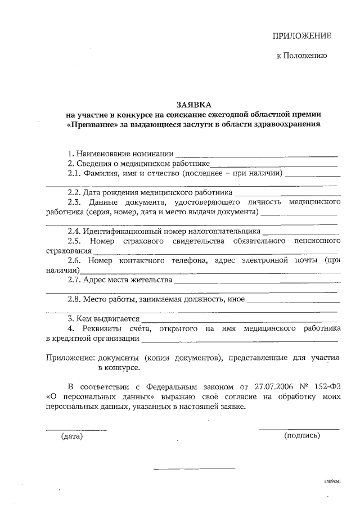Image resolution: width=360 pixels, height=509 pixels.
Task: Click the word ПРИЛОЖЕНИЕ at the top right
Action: (x=302, y=36)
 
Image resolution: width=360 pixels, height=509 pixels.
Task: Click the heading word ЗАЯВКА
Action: (x=194, y=105)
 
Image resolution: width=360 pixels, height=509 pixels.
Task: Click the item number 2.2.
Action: (x=75, y=193)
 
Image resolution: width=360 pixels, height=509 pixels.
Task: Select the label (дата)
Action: (x=71, y=436)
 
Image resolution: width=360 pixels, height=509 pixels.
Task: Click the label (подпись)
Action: (x=302, y=436)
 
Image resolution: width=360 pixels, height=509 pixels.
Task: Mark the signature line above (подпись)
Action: (x=299, y=429)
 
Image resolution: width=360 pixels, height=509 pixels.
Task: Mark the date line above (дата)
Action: (x=76, y=429)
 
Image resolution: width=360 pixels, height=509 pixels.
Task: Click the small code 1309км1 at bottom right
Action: (x=332, y=482)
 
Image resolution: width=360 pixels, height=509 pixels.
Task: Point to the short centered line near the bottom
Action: (x=194, y=469)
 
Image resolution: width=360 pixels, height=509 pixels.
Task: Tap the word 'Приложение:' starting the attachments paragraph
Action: (x=70, y=357)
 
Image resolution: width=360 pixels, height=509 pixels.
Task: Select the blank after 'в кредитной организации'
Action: (x=240, y=340)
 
